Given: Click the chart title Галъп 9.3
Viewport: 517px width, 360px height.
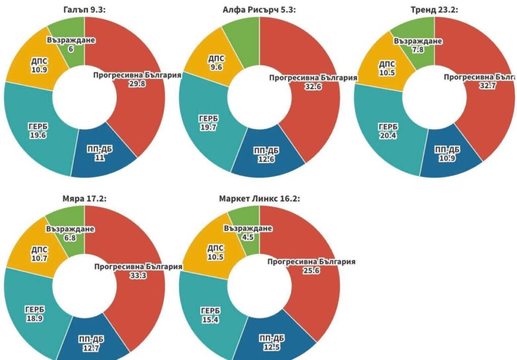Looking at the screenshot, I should [84, 10].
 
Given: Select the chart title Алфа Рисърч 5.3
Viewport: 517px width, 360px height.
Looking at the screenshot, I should [259, 10].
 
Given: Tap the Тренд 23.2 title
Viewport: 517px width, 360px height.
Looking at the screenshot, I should [434, 10].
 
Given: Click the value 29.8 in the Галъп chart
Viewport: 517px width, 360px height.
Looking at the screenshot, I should [137, 84].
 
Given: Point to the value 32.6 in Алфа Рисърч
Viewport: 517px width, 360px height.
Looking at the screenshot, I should [313, 87].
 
